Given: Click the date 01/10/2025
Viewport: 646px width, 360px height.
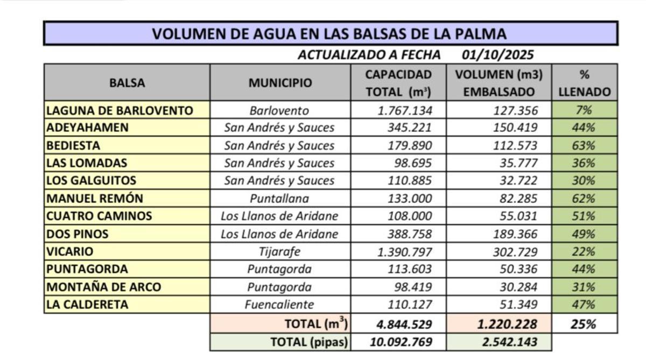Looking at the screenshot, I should click(x=498, y=54).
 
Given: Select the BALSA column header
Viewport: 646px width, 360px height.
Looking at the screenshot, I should click(x=127, y=83).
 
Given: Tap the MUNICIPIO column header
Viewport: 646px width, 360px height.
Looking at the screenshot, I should click(x=280, y=83).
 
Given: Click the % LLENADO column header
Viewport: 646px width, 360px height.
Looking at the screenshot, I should click(x=584, y=83).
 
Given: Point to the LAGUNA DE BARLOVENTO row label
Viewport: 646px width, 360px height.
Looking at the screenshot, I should click(x=120, y=110).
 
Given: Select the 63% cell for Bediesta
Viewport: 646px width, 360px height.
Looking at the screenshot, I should click(x=584, y=145).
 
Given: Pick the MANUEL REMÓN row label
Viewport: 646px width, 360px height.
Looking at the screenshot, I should click(x=95, y=198).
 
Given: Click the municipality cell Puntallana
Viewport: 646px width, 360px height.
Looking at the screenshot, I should click(x=279, y=199).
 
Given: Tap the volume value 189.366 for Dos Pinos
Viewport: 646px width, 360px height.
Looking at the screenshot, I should click(x=515, y=234).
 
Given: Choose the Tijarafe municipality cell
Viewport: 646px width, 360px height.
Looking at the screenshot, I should click(x=279, y=251).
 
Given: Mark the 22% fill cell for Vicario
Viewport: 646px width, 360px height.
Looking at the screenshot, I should click(x=584, y=251).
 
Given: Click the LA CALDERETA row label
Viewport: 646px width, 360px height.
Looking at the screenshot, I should click(x=88, y=305).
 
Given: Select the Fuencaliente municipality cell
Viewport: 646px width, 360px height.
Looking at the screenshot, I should click(x=279, y=305).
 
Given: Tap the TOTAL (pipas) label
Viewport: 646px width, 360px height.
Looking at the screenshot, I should click(x=309, y=342).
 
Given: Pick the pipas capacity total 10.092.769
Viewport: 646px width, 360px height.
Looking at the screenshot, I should click(x=401, y=342).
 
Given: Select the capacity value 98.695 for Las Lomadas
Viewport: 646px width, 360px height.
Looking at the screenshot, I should click(x=410, y=163).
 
